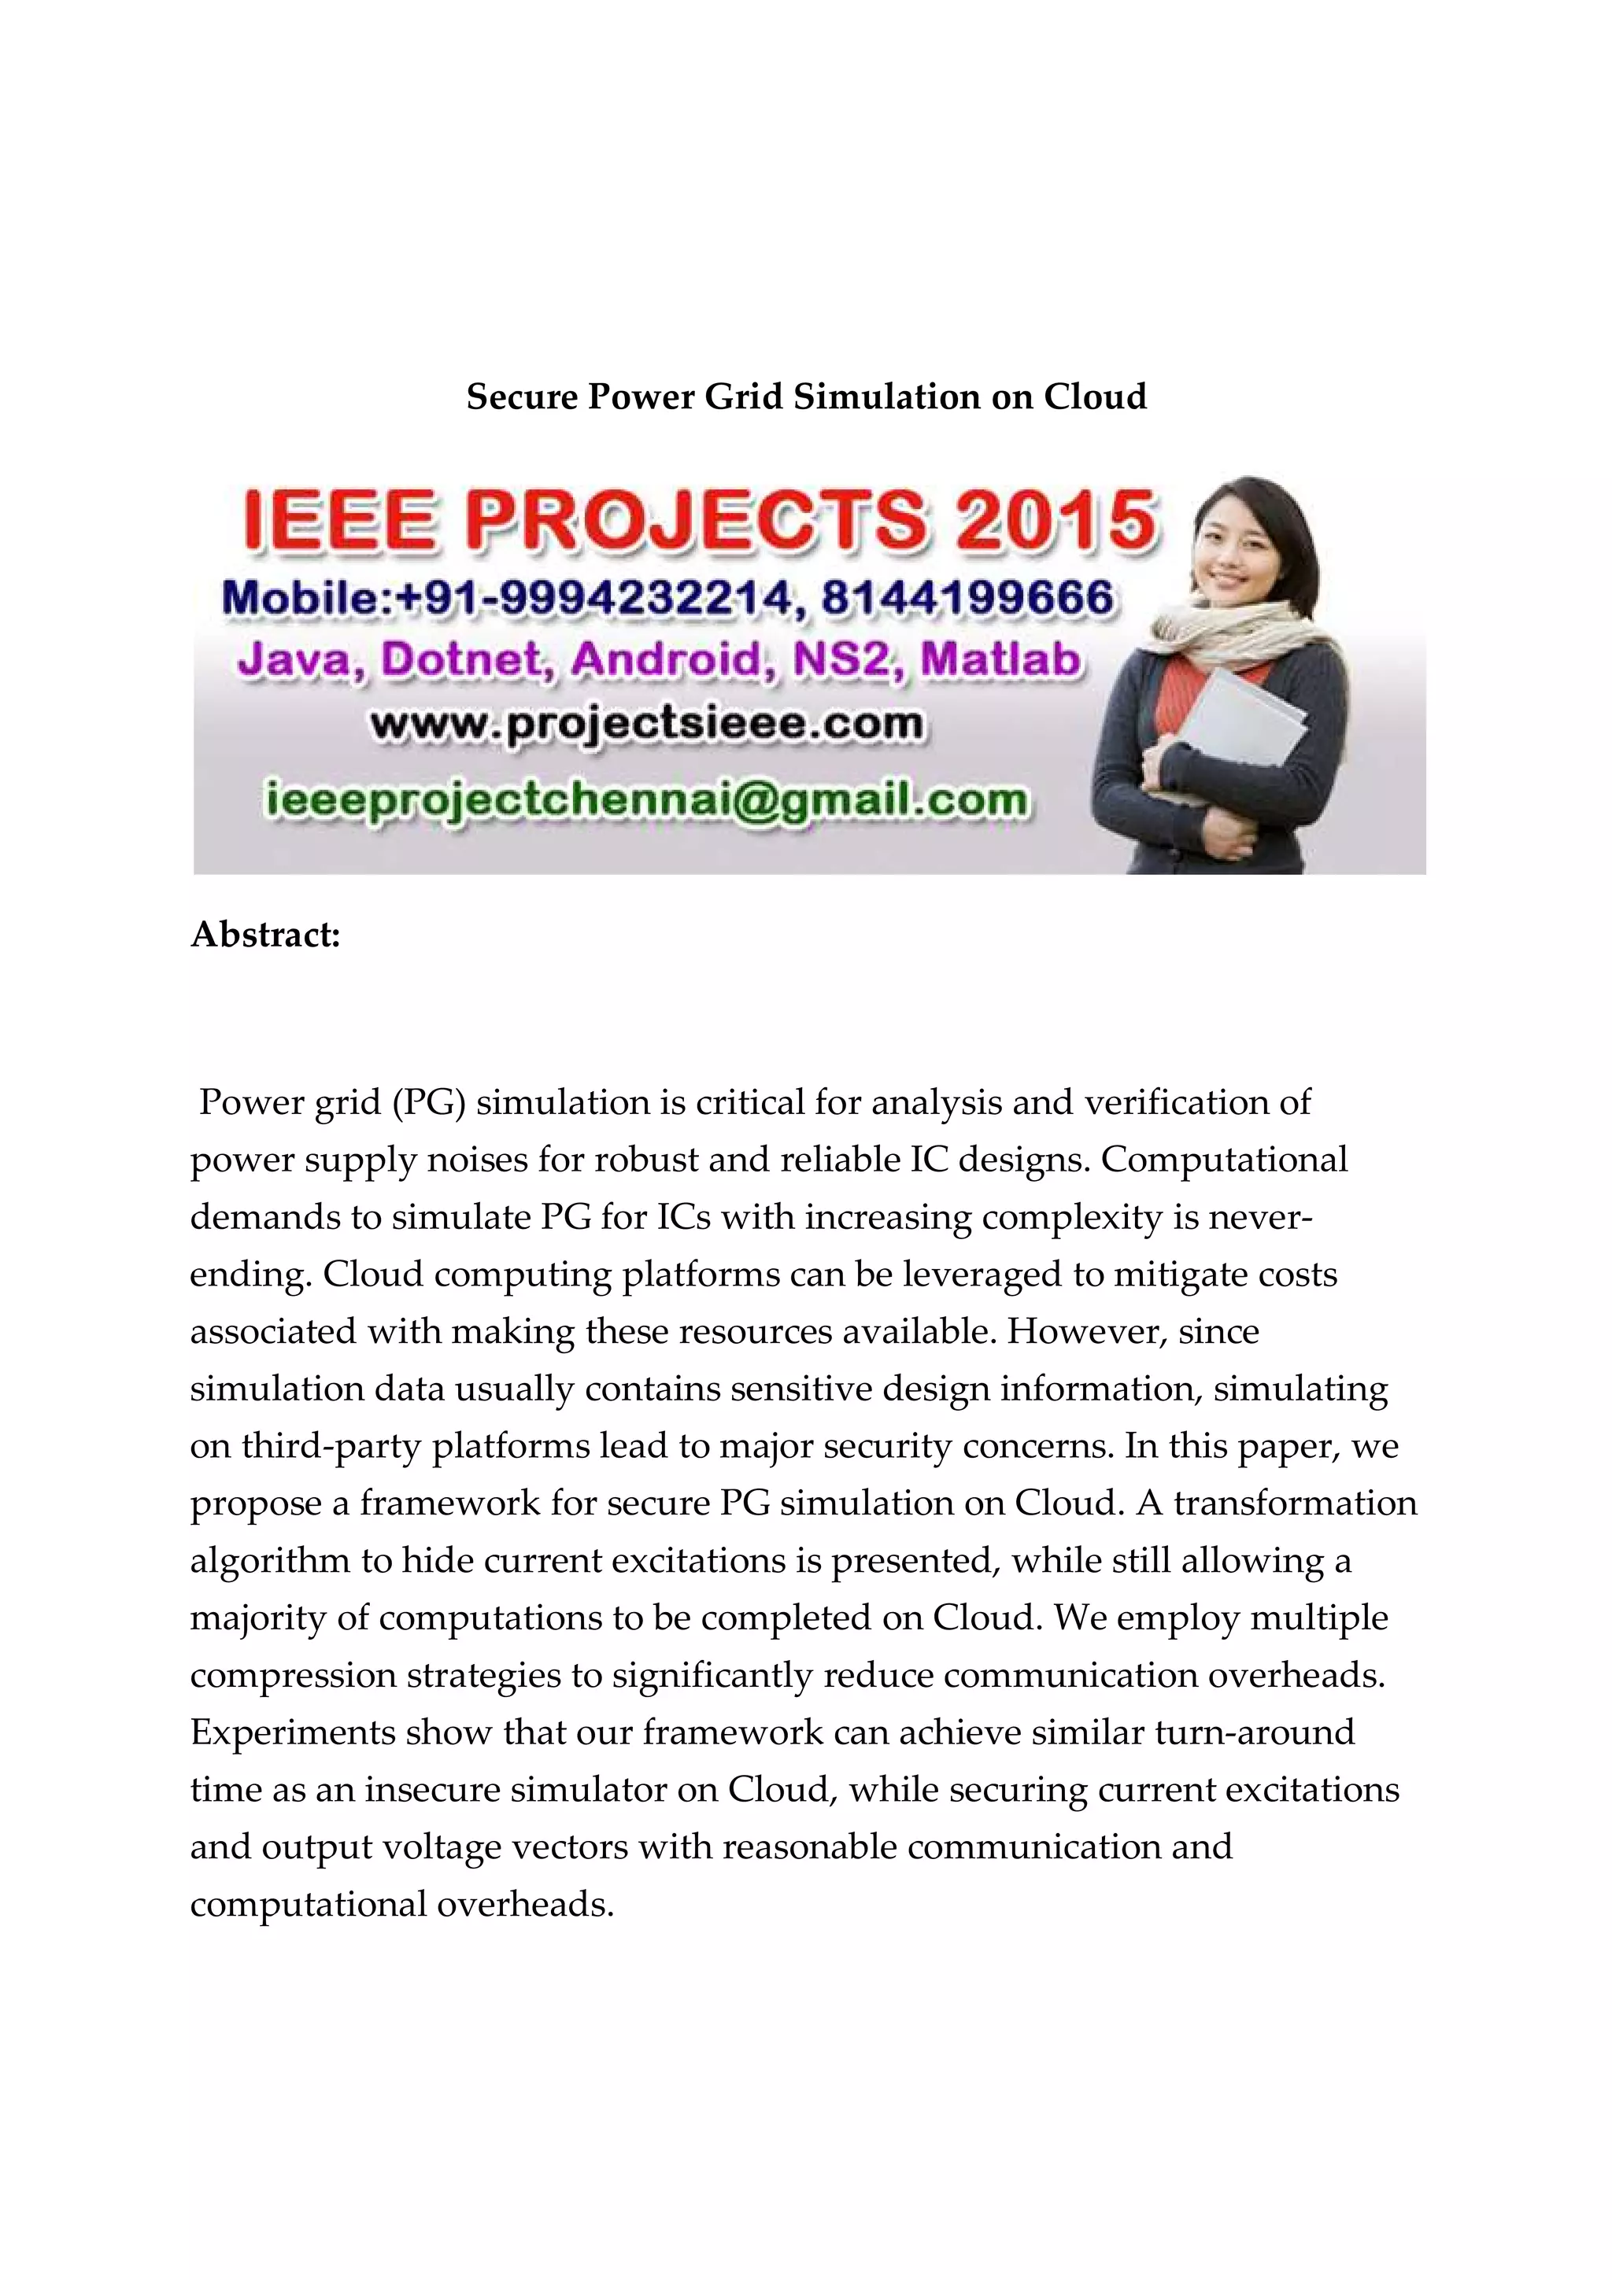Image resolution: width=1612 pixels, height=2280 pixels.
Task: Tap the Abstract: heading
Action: coord(265,935)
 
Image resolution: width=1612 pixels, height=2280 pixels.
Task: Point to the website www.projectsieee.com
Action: coord(646,725)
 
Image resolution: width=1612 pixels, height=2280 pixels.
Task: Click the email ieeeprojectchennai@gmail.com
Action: coord(646,800)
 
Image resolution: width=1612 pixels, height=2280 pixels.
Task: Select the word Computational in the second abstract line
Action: coord(1224,1160)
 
